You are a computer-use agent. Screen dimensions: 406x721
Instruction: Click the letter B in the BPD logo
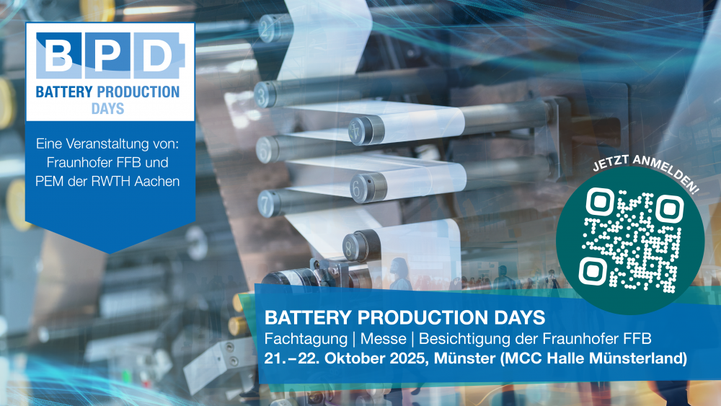(58, 53)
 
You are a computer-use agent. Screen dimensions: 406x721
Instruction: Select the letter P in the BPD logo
(109, 53)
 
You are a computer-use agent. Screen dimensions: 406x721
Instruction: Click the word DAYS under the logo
(108, 109)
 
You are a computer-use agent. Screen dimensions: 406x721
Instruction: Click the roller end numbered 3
(268, 94)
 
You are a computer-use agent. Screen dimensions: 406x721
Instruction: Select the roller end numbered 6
(358, 187)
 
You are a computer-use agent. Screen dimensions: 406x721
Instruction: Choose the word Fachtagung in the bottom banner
(303, 338)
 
